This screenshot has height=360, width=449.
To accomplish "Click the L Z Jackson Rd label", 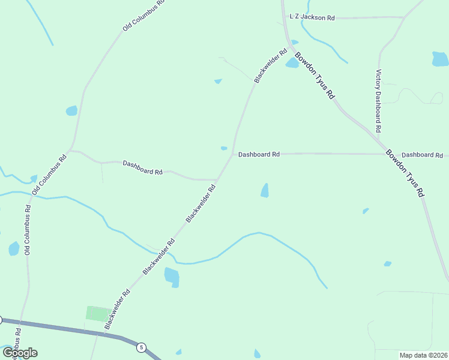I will coord(312,18).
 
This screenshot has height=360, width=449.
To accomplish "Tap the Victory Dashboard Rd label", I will coord(378,101).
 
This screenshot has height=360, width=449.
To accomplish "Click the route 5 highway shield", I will coord(141,347).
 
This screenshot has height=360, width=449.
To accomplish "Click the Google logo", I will coord(20,352).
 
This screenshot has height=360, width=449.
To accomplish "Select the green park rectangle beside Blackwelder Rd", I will coord(98,313).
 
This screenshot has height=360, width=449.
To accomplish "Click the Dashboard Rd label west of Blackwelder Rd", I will coord(142,167).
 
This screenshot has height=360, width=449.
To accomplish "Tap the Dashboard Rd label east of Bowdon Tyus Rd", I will coord(422,155).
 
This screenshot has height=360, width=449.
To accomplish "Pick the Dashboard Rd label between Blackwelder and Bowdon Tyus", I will coord(259,154).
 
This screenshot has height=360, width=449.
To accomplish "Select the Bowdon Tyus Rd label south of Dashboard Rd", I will coord(405,173).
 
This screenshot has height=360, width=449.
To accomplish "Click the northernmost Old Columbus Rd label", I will coord(143,16).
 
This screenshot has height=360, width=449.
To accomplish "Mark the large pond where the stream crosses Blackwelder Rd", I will coord(172,277).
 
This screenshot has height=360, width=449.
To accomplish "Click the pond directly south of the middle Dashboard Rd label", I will coord(265,191).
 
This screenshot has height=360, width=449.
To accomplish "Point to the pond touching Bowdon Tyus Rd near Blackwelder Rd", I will coord(292,62).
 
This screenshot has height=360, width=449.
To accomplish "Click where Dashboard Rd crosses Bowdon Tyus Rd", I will coord(382,154).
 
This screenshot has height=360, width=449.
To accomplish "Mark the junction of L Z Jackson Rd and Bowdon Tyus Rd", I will coord(286,17).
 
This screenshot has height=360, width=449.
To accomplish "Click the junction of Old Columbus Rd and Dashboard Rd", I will coord(70,151).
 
